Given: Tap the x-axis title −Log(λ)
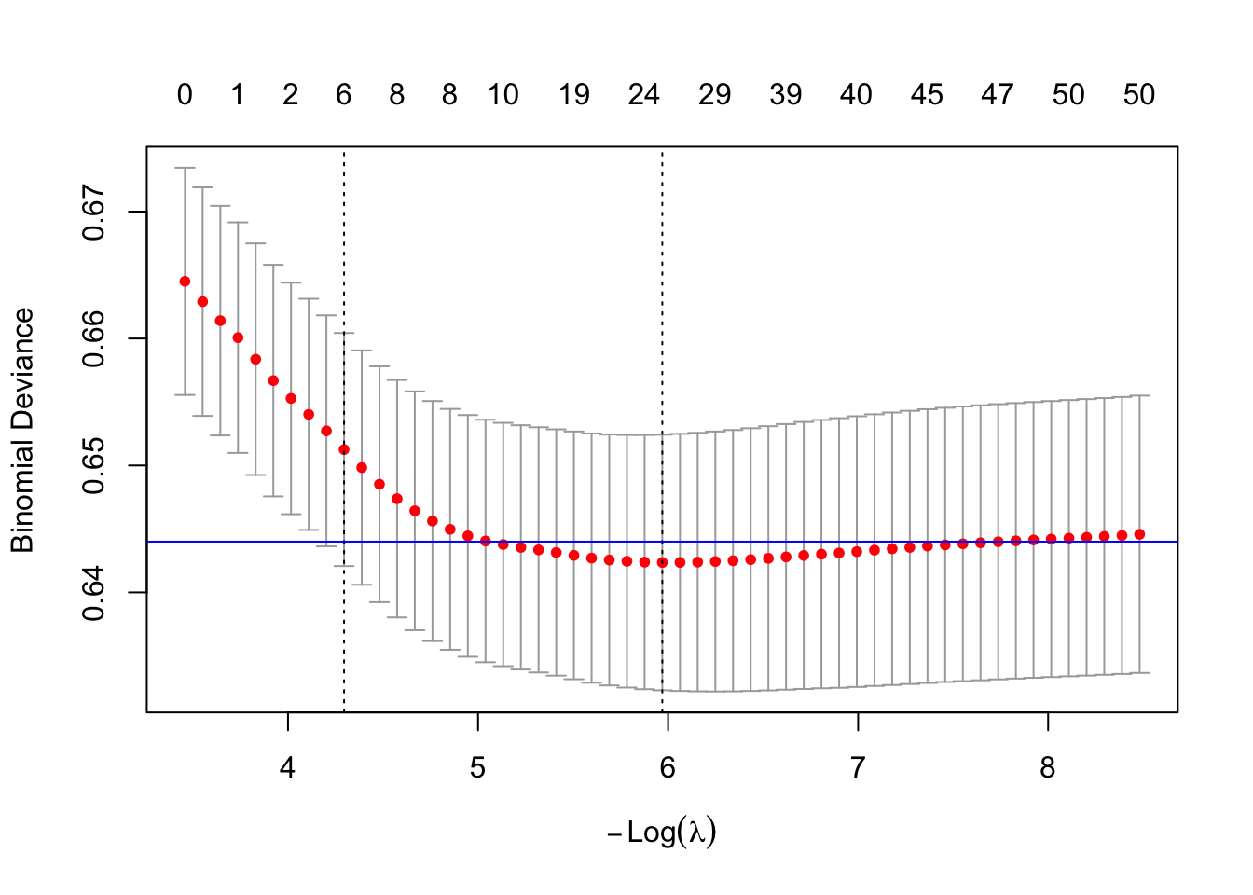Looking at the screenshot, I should pyautogui.click(x=662, y=832).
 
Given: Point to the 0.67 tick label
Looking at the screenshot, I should pyautogui.click(x=93, y=213).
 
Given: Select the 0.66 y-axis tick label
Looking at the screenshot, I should pyautogui.click(x=93, y=339).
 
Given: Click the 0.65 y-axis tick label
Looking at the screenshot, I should pyautogui.click(x=93, y=466).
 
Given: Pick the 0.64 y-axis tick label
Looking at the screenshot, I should pyautogui.click(x=93, y=593).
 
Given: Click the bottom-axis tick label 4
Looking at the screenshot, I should pyautogui.click(x=288, y=767).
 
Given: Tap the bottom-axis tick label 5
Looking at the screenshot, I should pyautogui.click(x=478, y=767).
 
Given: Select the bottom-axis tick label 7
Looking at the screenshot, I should pyautogui.click(x=858, y=767).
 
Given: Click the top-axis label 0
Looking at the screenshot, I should pyautogui.click(x=185, y=94).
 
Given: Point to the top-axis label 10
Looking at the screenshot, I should pyautogui.click(x=503, y=94).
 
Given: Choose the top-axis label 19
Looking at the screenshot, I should pyautogui.click(x=574, y=94).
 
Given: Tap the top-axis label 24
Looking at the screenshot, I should pyautogui.click(x=644, y=94).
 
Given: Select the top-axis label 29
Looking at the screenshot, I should pyautogui.click(x=715, y=94).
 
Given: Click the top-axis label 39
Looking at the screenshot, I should pyautogui.click(x=786, y=94).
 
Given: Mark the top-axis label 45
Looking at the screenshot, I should pyautogui.click(x=928, y=94).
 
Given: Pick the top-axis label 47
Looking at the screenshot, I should pyautogui.click(x=998, y=94).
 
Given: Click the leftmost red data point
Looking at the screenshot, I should pyautogui.click(x=185, y=282).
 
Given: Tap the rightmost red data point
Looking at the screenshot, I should pyautogui.click(x=1139, y=534).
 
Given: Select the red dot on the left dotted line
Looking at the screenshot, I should pyautogui.click(x=344, y=449).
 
